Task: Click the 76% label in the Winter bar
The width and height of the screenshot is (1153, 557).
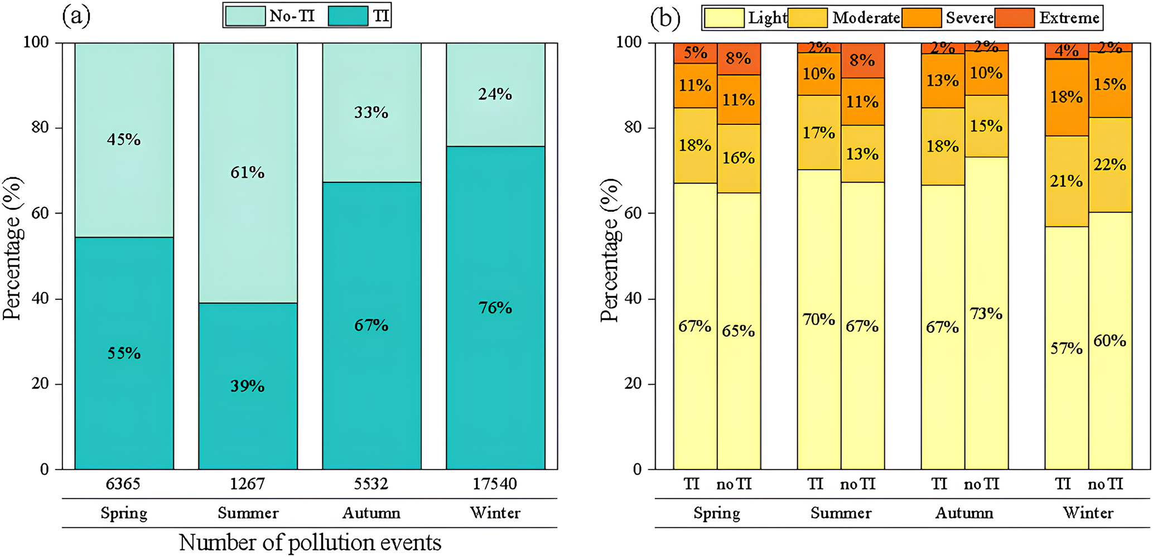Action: click(495, 308)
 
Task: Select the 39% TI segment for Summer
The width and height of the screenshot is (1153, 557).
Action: click(248, 386)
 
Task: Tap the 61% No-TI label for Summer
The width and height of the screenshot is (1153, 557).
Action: click(248, 172)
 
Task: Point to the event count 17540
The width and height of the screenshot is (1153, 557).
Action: click(495, 484)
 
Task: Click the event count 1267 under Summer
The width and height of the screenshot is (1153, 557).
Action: click(248, 484)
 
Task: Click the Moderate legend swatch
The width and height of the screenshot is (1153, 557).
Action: click(808, 18)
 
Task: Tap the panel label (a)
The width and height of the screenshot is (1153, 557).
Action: click(76, 16)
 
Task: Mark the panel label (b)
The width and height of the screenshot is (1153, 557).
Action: click(665, 18)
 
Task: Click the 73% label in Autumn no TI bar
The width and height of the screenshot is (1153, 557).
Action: click(986, 314)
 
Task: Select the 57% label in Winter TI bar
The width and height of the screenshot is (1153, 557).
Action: click(1066, 348)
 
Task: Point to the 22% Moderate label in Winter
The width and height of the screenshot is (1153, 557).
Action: click(1110, 164)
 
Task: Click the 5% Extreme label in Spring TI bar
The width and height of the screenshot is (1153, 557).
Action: click(695, 52)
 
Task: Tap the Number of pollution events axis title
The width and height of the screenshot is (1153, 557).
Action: click(310, 543)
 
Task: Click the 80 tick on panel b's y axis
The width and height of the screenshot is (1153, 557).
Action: click(633, 128)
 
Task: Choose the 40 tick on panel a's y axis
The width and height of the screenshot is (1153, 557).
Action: click(40, 299)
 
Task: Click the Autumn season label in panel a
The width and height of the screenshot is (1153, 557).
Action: click(372, 513)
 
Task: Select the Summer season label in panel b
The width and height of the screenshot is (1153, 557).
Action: click(841, 513)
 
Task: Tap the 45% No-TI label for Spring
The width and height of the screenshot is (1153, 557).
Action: click(124, 139)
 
